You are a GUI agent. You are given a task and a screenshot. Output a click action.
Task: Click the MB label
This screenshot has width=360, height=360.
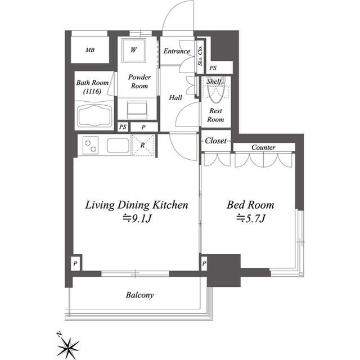pos(90,50)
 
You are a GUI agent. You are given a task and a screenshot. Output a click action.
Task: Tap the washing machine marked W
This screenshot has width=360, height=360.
pos(134,50)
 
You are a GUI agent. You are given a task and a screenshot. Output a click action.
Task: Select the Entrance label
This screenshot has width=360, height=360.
pos(177,51)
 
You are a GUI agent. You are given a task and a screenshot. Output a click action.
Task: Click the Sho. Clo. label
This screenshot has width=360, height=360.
pos(200,56)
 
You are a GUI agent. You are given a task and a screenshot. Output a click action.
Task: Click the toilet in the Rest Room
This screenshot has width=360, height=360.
pos(215,91)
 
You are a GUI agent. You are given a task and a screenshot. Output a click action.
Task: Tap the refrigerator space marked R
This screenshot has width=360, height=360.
pos(143,145)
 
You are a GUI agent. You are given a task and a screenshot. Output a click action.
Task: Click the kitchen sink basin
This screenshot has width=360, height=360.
pos(118,146)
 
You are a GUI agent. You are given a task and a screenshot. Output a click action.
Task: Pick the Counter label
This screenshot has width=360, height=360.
pos(263,147)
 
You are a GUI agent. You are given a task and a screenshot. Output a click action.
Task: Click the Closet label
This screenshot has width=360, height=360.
pos(216,141)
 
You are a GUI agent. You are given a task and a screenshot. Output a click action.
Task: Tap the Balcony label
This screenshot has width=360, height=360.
pos(139,295)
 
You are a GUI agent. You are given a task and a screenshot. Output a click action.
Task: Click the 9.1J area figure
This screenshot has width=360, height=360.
pos(137,218)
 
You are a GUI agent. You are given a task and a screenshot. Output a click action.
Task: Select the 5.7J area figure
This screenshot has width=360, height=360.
pos(251,218)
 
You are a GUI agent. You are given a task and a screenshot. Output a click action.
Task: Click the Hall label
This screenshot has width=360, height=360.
pos(175,98)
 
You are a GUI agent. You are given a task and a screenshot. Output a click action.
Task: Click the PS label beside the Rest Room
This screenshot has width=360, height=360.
pos(213,68)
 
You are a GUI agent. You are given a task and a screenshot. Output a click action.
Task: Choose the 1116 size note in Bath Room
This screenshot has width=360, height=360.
pos(92,91)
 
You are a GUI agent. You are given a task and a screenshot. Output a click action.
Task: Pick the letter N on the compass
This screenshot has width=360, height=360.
pos(60,334)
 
